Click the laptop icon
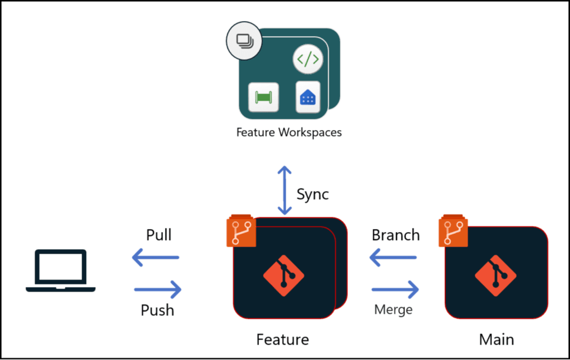tap(61, 271)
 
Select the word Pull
tap(159, 235)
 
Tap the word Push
tap(157, 309)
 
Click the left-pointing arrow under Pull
tap(155, 257)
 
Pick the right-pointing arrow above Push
tap(158, 289)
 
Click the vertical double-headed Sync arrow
tap(285, 190)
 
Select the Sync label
tap(312, 194)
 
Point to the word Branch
tap(395, 235)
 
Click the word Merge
tap(393, 309)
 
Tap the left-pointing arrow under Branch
tap(393, 257)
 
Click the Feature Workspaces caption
tap(289, 132)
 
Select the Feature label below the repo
tap(282, 339)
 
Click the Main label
tap(497, 339)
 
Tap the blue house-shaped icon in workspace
tap(307, 98)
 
